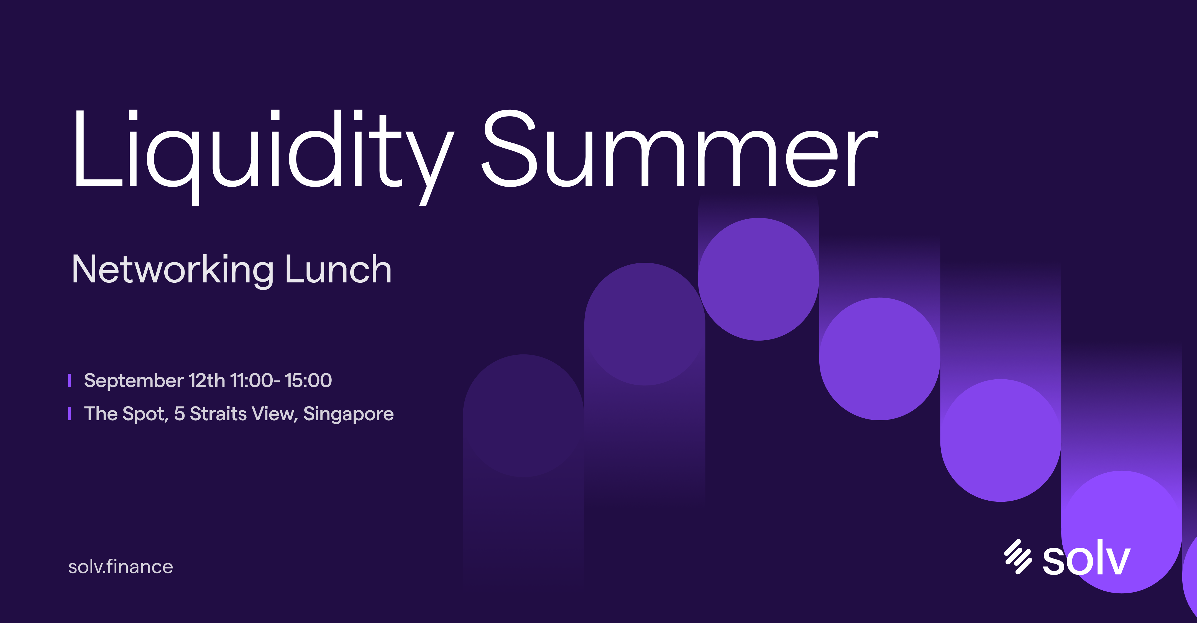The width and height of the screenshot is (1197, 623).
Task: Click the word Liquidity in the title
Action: pos(263,157)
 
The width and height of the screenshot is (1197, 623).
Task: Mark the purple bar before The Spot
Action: pos(69,414)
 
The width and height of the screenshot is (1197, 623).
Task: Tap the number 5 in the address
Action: pos(179,414)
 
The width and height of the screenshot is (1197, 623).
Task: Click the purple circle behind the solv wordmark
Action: pos(1122,532)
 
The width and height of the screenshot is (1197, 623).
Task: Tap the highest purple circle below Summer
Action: pos(758,279)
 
